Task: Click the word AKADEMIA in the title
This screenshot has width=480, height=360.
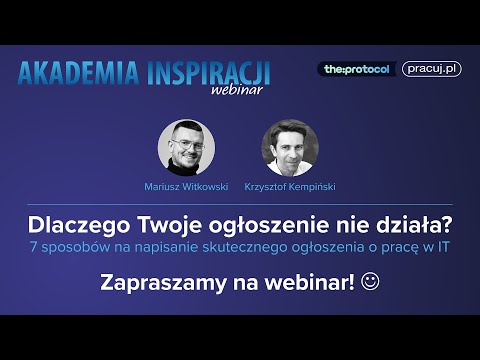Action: pyautogui.click(x=79, y=72)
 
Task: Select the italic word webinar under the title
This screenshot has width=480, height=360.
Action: pyautogui.click(x=237, y=90)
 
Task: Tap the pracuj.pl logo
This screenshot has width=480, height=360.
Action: pyautogui.click(x=431, y=69)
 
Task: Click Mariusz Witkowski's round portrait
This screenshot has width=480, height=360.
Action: pyautogui.click(x=186, y=148)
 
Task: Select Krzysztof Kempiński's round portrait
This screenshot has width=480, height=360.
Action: pyautogui.click(x=290, y=148)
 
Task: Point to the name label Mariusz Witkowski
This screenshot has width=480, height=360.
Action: pyautogui.click(x=186, y=186)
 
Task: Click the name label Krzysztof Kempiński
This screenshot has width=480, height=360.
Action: pyautogui.click(x=290, y=186)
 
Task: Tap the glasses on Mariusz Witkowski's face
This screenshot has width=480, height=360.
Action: pyautogui.click(x=186, y=142)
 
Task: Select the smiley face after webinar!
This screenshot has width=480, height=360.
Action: pyautogui.click(x=370, y=283)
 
